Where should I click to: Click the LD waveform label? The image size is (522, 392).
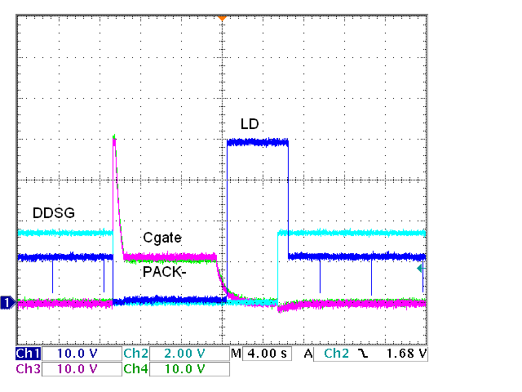point(250,124)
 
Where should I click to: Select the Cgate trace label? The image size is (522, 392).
point(161,238)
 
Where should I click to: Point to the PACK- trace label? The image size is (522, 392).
point(165,272)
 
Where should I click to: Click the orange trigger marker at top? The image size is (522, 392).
point(221,17)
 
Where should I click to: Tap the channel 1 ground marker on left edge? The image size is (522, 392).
point(7,303)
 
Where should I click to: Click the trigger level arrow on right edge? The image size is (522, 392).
point(420,268)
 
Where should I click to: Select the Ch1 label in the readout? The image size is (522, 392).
point(28,354)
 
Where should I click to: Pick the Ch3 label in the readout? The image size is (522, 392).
point(28,368)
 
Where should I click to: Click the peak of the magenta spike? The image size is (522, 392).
point(114,136)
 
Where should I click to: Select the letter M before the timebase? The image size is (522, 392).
point(237,354)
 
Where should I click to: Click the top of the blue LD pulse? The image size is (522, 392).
point(257,142)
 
